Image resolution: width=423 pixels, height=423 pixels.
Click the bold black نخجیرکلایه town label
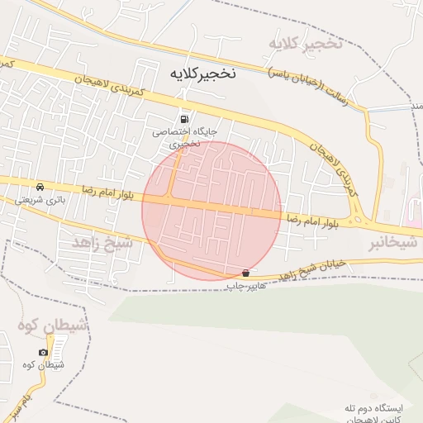click(x=202, y=74)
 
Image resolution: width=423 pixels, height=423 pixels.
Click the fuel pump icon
click(x=183, y=118)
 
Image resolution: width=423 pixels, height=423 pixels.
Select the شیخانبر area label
click(x=387, y=245)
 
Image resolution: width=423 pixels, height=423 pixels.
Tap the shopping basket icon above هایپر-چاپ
click(x=246, y=273)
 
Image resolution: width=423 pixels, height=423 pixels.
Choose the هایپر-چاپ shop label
click(x=246, y=285)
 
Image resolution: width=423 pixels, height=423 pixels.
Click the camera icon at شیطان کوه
click(x=43, y=353)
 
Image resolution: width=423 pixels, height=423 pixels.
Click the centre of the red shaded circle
click(x=211, y=211)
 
